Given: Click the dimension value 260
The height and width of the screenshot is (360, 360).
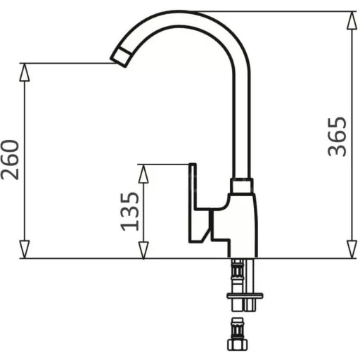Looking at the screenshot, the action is tap(10, 160).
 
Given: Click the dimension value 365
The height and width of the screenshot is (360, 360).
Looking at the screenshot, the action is tap(337, 136).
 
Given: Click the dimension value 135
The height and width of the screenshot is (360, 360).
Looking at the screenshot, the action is tap(129, 212).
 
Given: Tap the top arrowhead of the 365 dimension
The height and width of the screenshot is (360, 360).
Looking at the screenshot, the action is tap(352, 20).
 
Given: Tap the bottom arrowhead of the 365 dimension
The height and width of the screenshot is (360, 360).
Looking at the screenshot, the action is tap(352, 250).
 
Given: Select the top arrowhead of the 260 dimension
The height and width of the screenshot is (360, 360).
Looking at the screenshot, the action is tap(25, 72).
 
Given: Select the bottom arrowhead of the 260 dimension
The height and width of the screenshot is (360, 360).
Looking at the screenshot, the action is tap(25, 250).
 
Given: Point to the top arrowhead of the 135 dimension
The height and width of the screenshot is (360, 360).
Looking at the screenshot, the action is tap(143, 174).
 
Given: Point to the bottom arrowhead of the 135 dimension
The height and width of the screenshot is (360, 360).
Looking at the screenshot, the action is tap(143, 250).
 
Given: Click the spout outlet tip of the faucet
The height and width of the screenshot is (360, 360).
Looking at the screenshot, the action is tap(121, 57).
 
